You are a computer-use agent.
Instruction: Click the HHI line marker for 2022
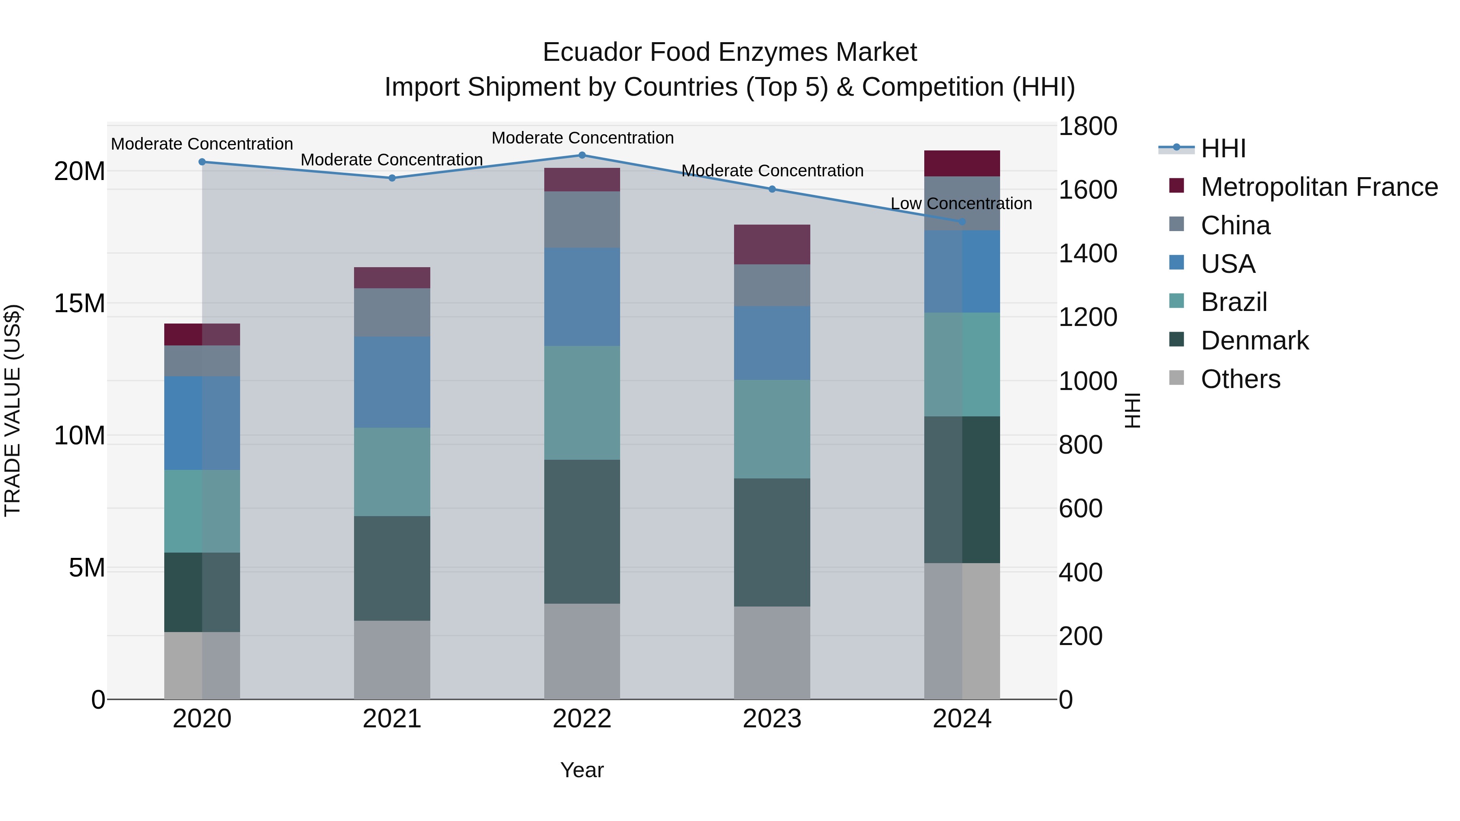[582, 155]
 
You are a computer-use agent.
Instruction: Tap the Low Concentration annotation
[961, 204]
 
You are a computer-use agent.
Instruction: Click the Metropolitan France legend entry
[1319, 187]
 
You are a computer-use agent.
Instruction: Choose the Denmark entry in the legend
[1254, 341]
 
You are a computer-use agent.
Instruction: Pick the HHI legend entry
[1223, 148]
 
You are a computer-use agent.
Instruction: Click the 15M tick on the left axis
[79, 304]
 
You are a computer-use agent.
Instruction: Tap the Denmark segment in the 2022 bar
[582, 532]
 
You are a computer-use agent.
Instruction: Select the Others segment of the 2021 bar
[392, 660]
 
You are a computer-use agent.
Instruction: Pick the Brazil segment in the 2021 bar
[392, 472]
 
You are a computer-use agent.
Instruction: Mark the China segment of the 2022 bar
[582, 219]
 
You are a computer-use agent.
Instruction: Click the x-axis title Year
[582, 770]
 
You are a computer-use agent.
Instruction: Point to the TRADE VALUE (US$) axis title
[13, 410]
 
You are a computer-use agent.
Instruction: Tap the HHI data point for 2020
[202, 162]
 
